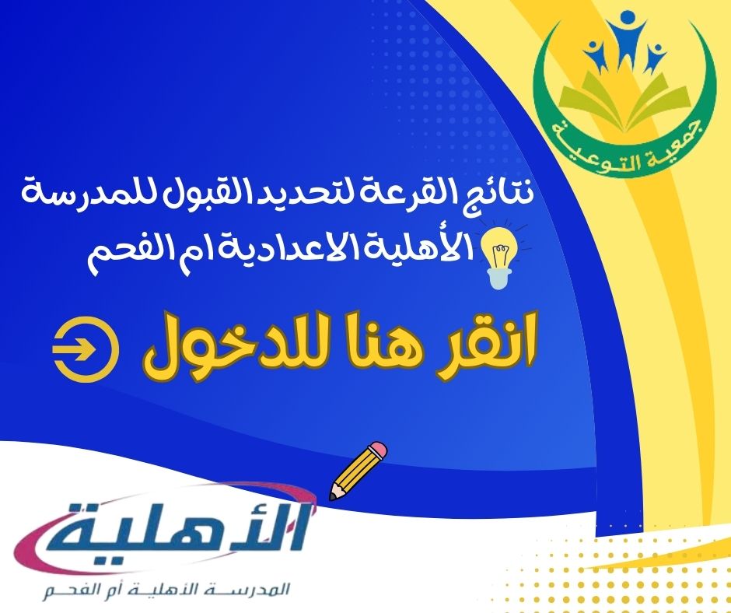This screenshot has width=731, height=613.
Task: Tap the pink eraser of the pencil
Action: click(378, 450)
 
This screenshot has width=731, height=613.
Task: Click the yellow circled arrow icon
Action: click(86, 349)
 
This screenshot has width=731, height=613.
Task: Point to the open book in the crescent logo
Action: click(624, 100)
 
